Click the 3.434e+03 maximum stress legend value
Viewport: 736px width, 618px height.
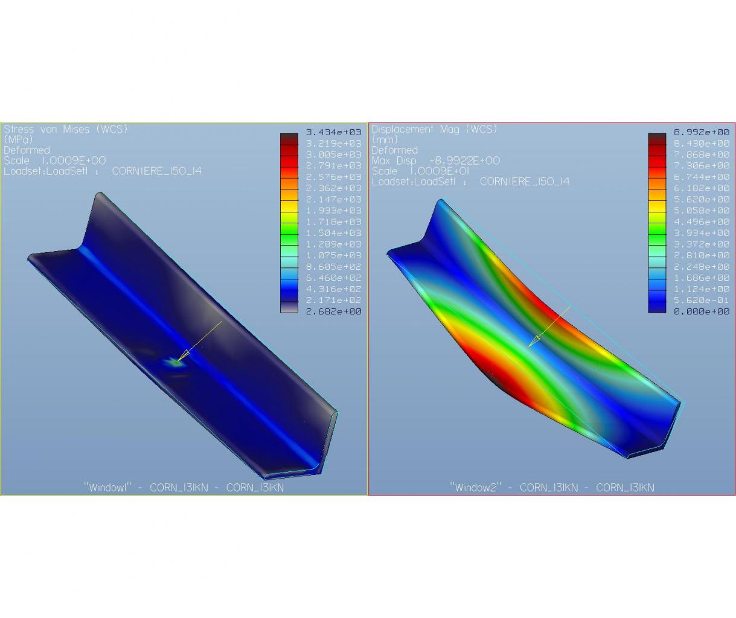333,132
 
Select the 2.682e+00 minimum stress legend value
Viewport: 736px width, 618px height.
333,311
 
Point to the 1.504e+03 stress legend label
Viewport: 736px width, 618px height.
333,233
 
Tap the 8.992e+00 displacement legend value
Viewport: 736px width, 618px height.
702,132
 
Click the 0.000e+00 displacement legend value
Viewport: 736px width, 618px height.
702,311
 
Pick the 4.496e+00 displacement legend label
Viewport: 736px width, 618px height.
702,221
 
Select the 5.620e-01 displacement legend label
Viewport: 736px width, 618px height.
702,300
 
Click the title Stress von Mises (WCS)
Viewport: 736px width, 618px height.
66,130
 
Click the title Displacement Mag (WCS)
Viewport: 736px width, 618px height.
434,130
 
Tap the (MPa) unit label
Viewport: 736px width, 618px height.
18,139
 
